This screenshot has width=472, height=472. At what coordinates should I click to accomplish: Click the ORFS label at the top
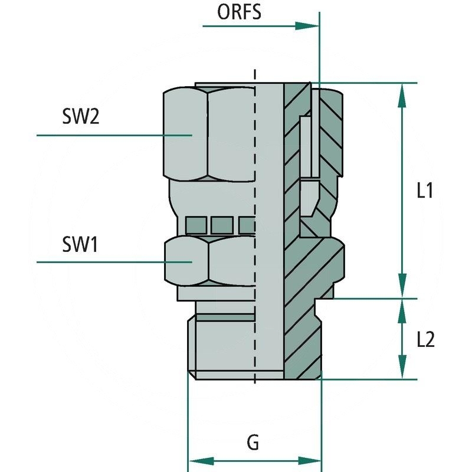[x=240, y=12]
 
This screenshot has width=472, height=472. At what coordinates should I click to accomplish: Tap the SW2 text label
[x=80, y=116]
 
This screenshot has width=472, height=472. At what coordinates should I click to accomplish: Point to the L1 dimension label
[x=425, y=191]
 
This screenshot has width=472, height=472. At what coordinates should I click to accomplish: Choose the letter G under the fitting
[x=253, y=442]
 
